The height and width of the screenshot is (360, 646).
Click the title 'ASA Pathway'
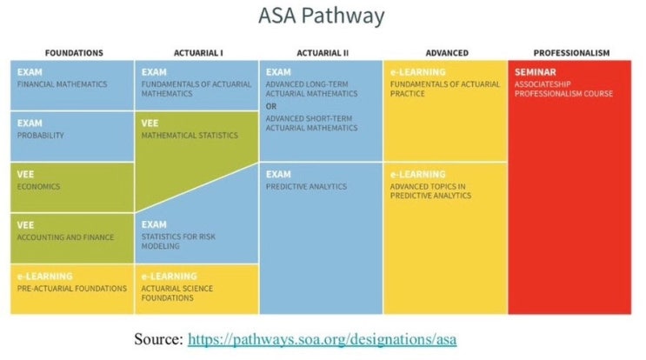(x=322, y=16)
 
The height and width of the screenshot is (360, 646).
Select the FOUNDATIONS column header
(x=74, y=53)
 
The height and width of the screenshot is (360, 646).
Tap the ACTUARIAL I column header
(x=198, y=53)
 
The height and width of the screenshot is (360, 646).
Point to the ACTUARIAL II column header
(x=323, y=53)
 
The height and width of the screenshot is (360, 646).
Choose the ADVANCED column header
(x=447, y=53)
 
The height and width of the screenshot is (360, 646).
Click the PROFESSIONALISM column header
(x=571, y=53)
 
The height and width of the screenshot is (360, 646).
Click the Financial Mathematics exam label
(x=62, y=84)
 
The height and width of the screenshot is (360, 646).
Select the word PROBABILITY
(x=40, y=135)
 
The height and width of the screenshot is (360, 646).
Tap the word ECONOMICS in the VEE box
(x=38, y=186)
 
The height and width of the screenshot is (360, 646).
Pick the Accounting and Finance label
(x=65, y=237)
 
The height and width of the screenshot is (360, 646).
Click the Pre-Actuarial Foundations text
(x=71, y=289)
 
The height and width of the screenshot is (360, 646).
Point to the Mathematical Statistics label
(x=190, y=135)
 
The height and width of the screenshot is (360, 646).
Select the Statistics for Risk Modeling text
(x=178, y=242)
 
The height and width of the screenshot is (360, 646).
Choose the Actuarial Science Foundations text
(x=177, y=293)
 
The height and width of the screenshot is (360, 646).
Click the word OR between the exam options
(x=271, y=106)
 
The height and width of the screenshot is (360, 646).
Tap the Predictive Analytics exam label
(x=306, y=186)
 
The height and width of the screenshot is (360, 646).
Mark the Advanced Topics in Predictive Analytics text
(x=430, y=190)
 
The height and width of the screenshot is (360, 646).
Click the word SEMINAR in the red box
(x=536, y=72)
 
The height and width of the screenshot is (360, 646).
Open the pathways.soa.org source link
(x=323, y=339)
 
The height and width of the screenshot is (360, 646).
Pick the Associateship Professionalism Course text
(x=563, y=89)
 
